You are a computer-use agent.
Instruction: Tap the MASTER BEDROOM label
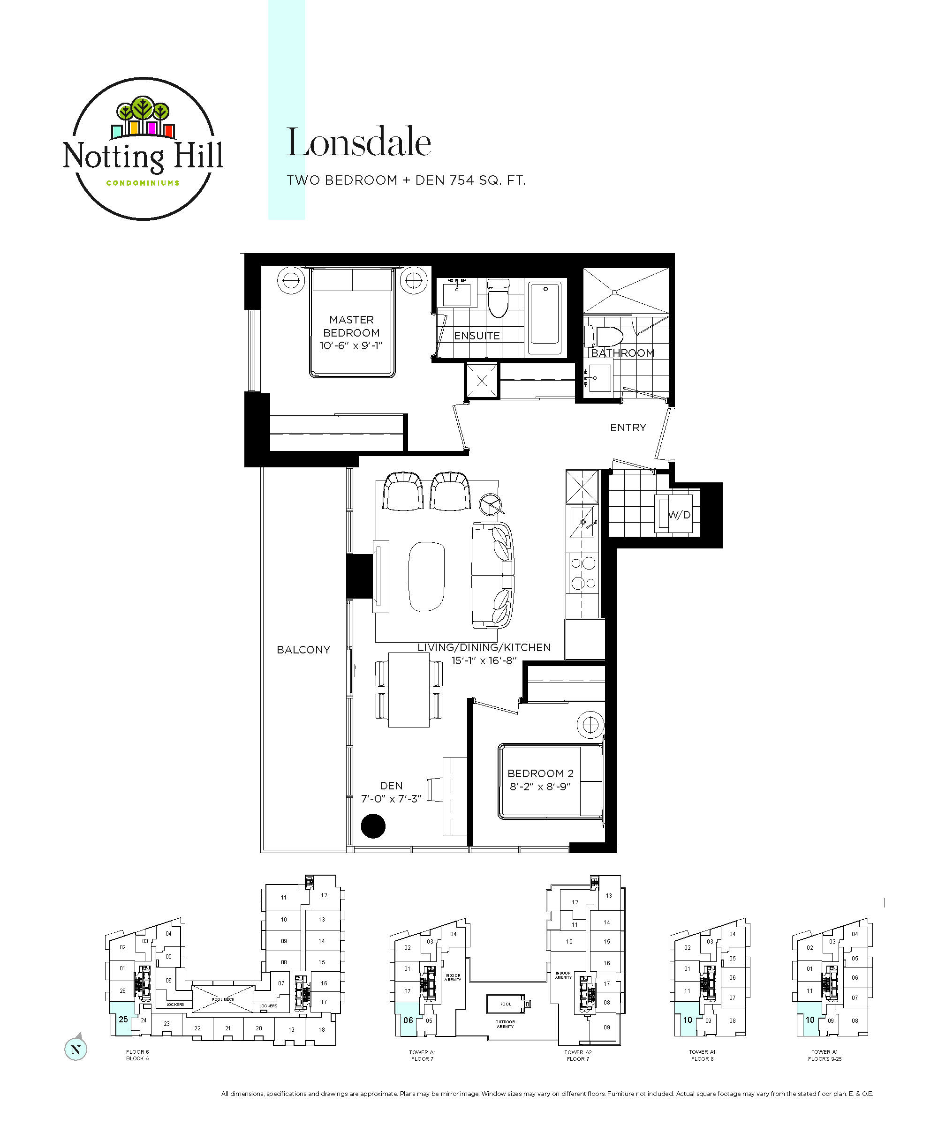coord(351,326)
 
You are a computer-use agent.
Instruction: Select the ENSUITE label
coord(477,336)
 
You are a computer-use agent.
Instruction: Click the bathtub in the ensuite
coord(545,318)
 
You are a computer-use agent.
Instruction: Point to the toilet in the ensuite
coord(498,297)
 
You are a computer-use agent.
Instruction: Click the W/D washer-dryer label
coord(679,515)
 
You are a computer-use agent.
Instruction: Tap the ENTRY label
coord(628,427)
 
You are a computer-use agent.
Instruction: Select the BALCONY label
coord(303,650)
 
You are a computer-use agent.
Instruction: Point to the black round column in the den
coord(373,825)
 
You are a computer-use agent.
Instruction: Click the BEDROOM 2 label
coord(540,773)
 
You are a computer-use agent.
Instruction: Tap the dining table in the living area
coord(408,690)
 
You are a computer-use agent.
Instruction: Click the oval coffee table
coord(426,577)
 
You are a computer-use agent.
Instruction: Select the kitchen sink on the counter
coord(582,521)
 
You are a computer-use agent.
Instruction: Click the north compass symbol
coord(76,1050)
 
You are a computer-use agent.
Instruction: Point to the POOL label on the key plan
coord(506,1004)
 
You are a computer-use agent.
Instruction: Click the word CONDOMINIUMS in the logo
coord(143,183)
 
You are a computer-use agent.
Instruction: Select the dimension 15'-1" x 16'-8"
coord(484,660)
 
